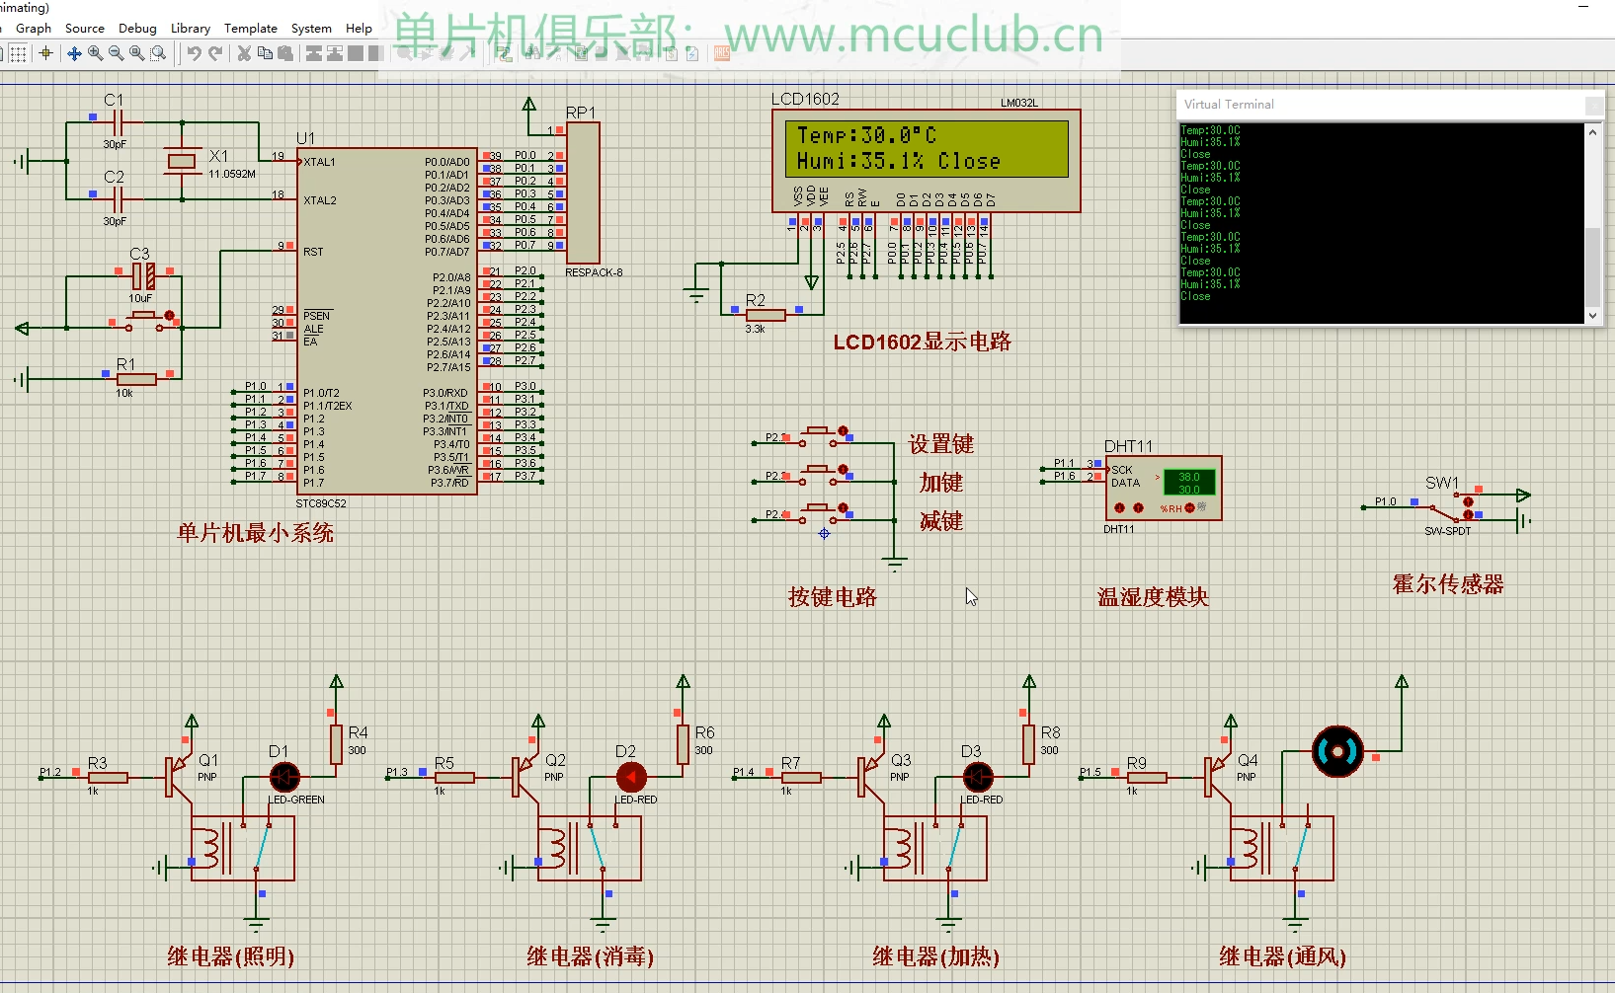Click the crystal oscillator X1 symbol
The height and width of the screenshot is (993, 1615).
pyautogui.click(x=182, y=161)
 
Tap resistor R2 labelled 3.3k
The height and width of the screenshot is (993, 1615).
pyautogui.click(x=766, y=315)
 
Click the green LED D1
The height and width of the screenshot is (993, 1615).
pyautogui.click(x=284, y=778)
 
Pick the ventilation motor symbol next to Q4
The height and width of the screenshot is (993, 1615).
pyautogui.click(x=1337, y=752)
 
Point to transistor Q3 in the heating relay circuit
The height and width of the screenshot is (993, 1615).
pyautogui.click(x=869, y=777)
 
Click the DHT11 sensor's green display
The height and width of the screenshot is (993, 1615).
pyautogui.click(x=1189, y=483)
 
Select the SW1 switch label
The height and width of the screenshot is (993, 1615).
pyautogui.click(x=1441, y=483)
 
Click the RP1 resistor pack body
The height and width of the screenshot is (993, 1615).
pyautogui.click(x=583, y=192)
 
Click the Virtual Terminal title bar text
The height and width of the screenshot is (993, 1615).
pyautogui.click(x=1229, y=105)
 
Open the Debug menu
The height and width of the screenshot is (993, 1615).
pyautogui.click(x=137, y=29)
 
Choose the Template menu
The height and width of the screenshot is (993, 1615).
pyautogui.click(x=250, y=29)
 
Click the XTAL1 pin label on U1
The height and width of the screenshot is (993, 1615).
pyautogui.click(x=320, y=162)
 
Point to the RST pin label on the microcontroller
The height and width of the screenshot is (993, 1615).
pyautogui.click(x=313, y=252)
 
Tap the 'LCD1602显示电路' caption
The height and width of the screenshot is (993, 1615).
pyautogui.click(x=922, y=343)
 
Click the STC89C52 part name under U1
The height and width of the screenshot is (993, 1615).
pyautogui.click(x=321, y=503)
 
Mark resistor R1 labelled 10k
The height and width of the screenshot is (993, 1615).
pyautogui.click(x=136, y=379)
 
